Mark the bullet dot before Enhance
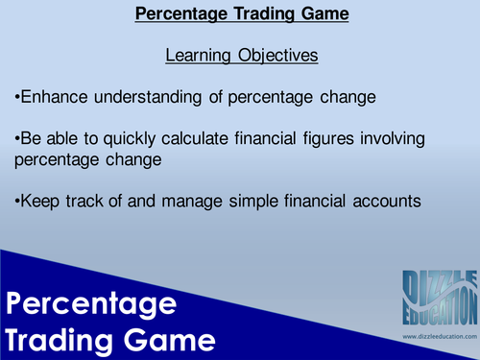coord(16,99)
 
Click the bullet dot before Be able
coord(16,141)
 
